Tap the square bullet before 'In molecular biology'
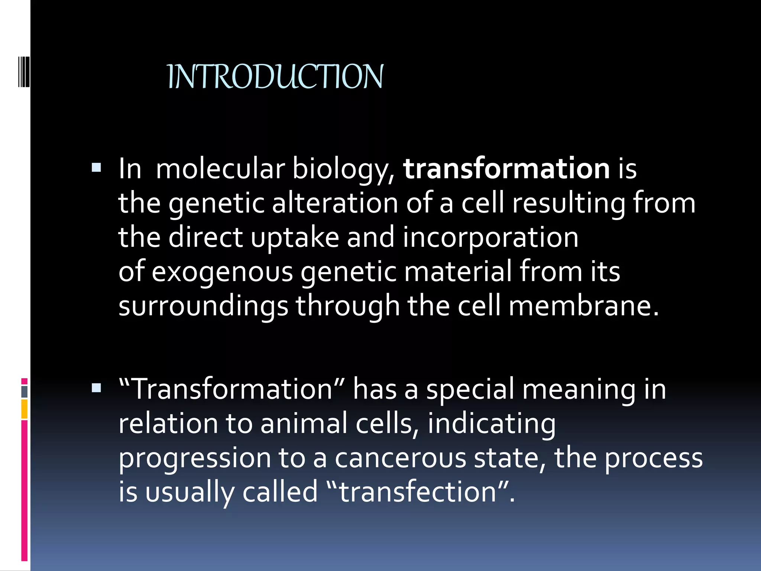96,168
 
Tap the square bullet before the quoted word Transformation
96,388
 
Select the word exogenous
222,271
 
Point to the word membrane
583,306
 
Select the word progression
195,458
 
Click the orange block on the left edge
25,409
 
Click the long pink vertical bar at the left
25,491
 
